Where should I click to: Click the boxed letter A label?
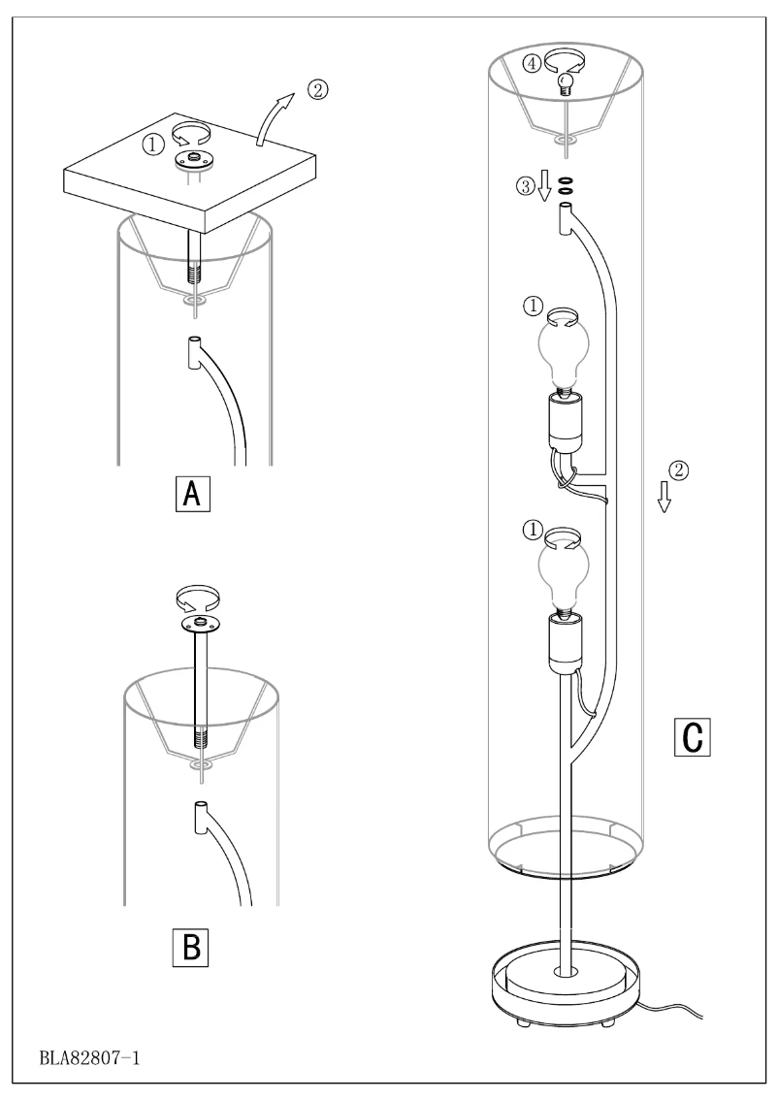192,495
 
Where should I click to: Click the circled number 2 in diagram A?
316,90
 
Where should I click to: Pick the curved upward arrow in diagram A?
273,117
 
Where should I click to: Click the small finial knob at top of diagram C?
563,85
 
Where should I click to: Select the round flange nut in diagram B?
200,623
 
